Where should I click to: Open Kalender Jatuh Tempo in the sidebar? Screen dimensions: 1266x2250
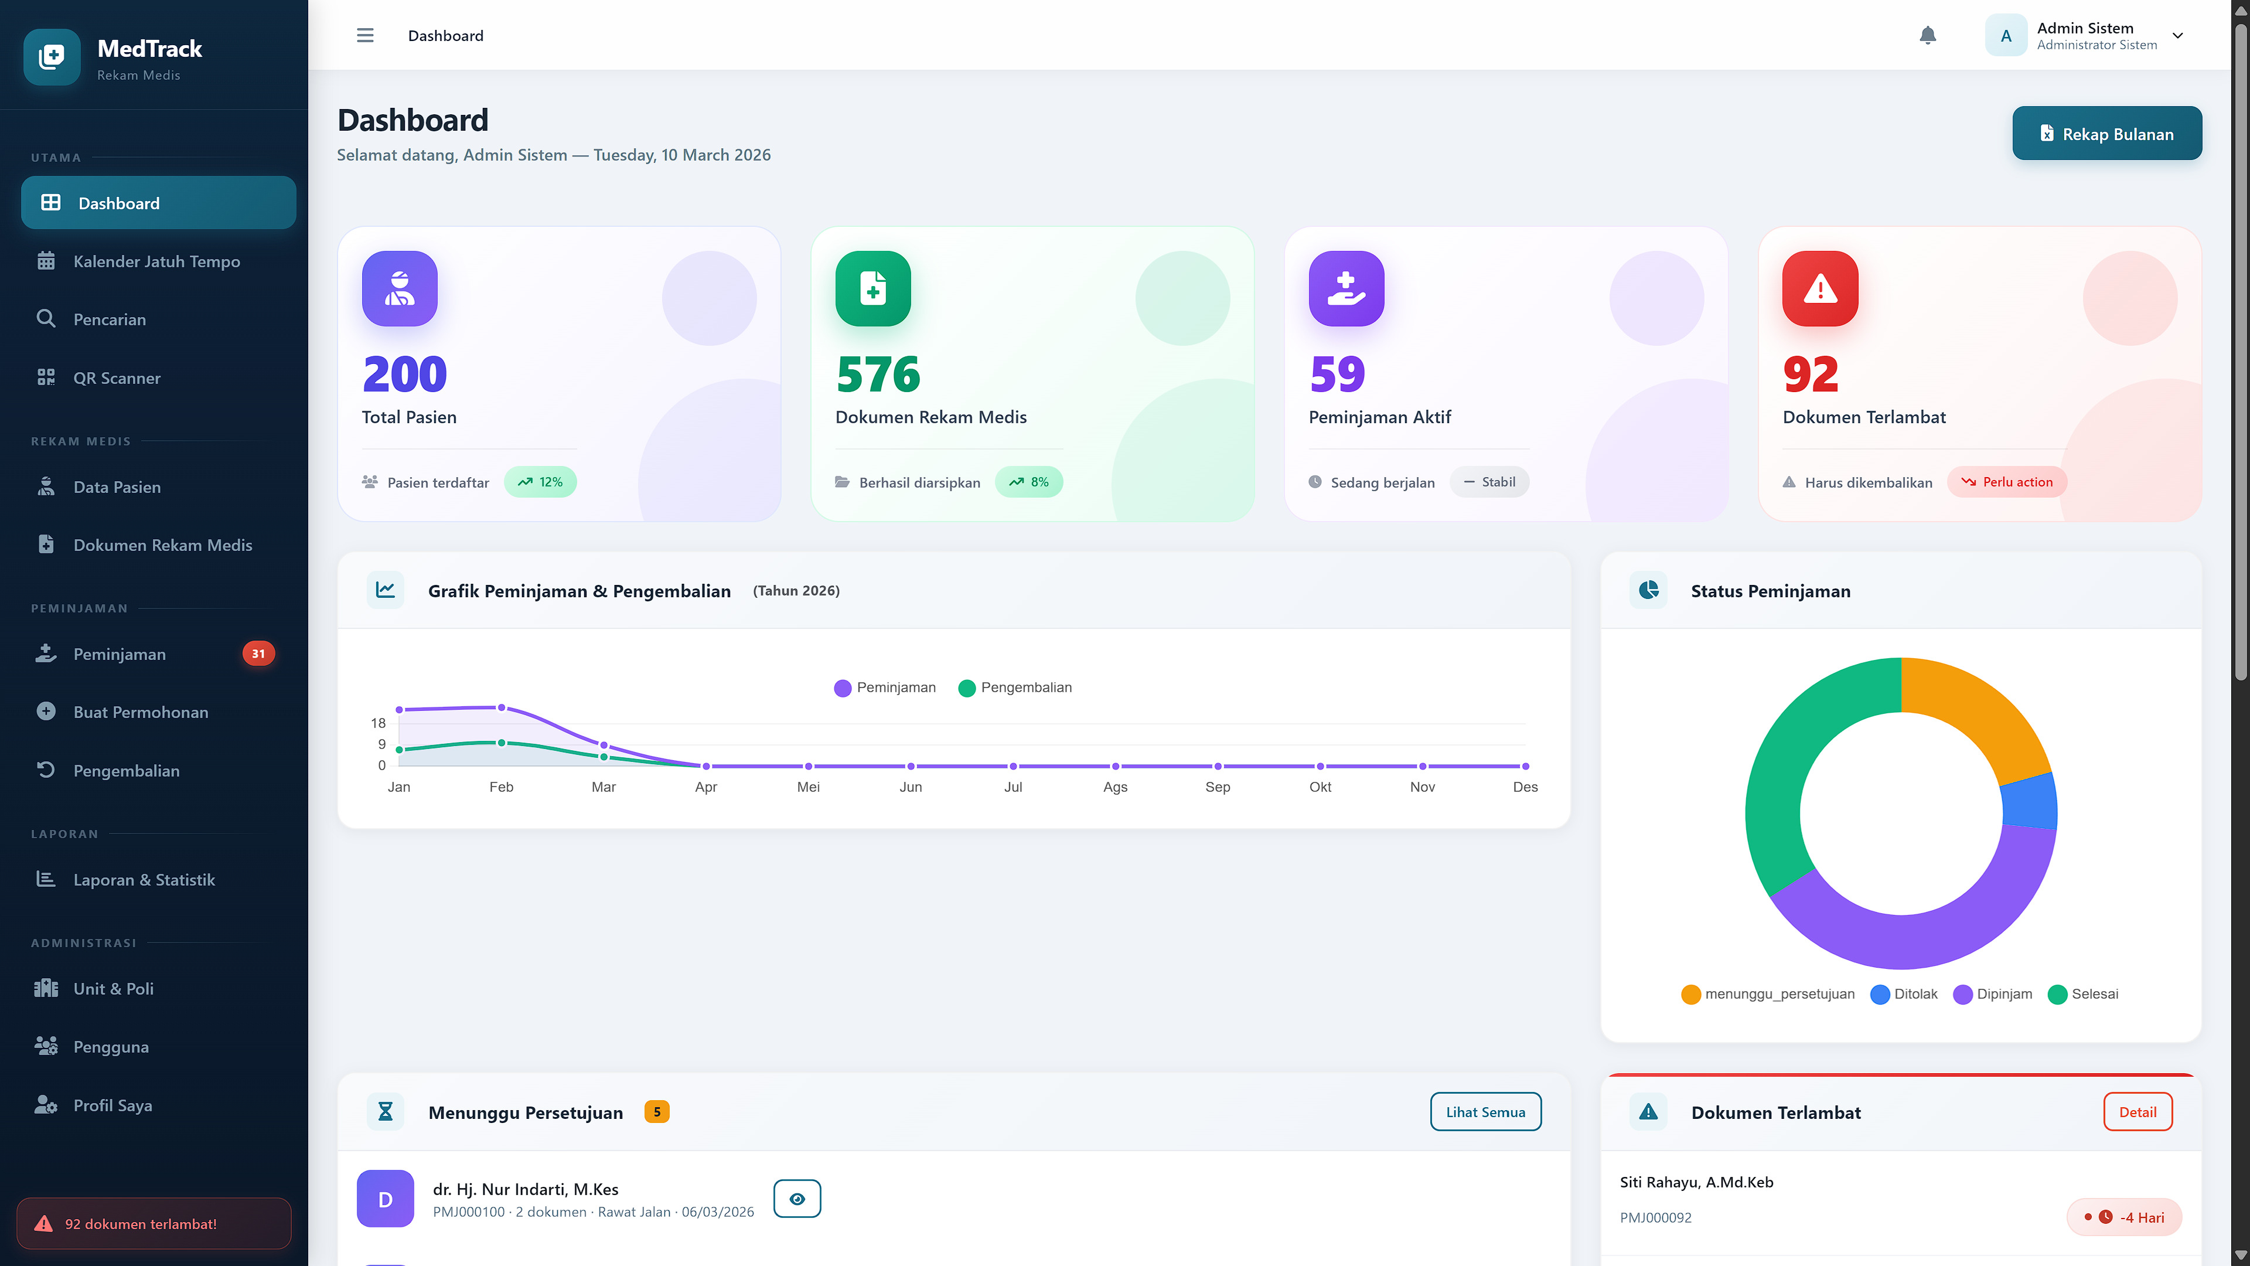156,261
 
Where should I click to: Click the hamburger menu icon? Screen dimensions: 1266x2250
365,35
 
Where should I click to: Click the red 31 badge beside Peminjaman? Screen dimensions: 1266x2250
258,654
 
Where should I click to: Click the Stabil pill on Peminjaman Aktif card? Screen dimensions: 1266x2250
1489,482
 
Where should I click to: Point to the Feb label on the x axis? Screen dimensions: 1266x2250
502,787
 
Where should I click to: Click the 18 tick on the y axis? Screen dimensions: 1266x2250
377,723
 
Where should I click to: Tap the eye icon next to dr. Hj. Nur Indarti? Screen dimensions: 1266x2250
797,1199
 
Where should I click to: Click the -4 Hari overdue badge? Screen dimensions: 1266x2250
2124,1217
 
